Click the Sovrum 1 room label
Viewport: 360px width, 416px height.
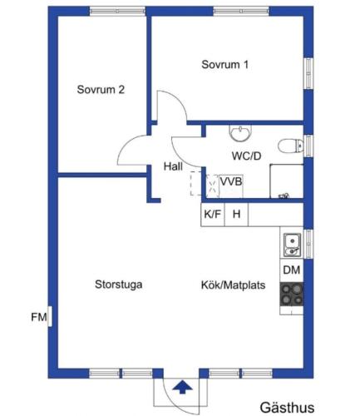coord(224,64)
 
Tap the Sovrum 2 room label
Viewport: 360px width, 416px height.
coord(101,90)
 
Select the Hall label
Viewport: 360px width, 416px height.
coord(173,166)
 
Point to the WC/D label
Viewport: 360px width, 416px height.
coord(246,156)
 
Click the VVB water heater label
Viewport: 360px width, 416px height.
coord(231,181)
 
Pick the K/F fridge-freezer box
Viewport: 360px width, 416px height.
coord(213,215)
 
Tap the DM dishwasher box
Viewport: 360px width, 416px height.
coord(292,270)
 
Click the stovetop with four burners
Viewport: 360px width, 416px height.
coord(292,295)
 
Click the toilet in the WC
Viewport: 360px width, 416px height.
coord(290,146)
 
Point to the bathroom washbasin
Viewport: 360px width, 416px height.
coord(240,133)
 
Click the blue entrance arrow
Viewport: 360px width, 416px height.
coord(182,387)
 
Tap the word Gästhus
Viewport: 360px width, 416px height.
coord(287,408)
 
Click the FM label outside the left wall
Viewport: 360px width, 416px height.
coord(38,317)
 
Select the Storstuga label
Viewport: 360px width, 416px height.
coord(119,285)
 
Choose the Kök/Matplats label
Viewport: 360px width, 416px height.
coord(233,285)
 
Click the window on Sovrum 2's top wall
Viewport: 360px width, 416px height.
coord(117,11)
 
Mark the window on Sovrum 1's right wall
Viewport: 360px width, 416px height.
coord(308,73)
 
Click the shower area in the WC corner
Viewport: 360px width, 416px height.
coord(287,181)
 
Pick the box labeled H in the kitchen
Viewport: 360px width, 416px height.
coord(236,215)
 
